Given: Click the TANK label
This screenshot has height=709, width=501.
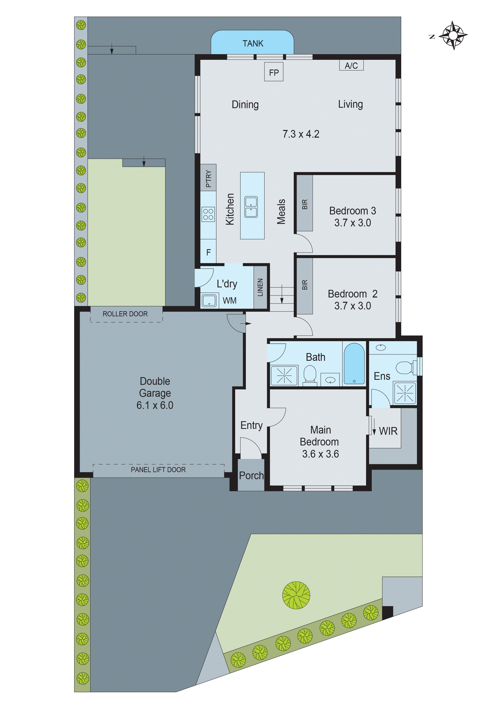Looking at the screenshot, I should click(x=253, y=43).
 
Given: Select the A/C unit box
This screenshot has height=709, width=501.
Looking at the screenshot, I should click(x=351, y=65).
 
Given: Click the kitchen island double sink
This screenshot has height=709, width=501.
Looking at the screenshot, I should click(x=251, y=207).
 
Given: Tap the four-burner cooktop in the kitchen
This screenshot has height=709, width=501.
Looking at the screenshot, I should click(x=208, y=214).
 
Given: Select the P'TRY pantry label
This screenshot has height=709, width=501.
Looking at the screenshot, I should click(x=208, y=179).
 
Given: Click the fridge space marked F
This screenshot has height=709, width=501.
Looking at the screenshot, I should click(x=208, y=252).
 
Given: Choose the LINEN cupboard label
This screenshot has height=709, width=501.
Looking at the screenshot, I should click(x=260, y=287).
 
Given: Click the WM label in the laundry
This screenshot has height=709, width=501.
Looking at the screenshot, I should click(x=230, y=301).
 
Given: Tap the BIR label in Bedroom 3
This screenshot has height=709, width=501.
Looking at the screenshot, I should click(x=305, y=204).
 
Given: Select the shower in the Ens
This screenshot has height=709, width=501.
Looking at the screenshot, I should click(x=405, y=393).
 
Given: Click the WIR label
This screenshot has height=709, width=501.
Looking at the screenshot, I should click(x=388, y=431).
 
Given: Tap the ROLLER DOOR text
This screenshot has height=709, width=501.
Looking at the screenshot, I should click(x=125, y=314).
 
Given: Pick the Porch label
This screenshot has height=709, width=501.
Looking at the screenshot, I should click(x=251, y=476).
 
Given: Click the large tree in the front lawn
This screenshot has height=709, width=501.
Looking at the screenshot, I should click(x=296, y=595).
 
